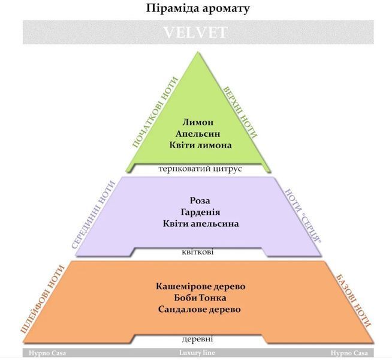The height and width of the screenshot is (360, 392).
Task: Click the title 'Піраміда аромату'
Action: tap(198, 8)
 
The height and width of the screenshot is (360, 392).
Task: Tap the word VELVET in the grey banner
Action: tap(195, 32)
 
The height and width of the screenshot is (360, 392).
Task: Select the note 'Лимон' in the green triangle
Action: tap(198, 122)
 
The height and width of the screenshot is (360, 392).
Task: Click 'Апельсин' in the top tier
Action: tap(198, 134)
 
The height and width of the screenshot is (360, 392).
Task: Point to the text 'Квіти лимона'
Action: tap(201, 145)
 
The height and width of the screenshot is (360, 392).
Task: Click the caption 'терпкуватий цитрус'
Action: tap(200, 169)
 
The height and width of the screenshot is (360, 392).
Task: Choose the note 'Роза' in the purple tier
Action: tap(200, 200)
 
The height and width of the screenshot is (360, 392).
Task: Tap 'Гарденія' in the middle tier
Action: tap(201, 212)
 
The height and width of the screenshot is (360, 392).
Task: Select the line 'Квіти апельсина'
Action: tap(201, 223)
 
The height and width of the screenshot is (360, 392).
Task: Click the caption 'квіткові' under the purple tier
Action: tap(198, 251)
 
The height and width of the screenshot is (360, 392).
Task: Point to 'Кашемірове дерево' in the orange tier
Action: tap(201, 286)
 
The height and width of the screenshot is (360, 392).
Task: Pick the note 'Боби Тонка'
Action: tap(200, 298)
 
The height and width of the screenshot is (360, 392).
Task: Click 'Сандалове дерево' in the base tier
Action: tap(200, 309)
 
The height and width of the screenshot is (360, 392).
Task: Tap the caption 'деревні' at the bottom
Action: tap(198, 339)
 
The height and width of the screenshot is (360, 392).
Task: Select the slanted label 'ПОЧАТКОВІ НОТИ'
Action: tap(155, 112)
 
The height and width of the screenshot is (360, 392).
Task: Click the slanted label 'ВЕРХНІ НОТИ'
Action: tap(240, 112)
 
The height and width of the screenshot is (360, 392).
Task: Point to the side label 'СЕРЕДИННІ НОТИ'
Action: tap(94, 214)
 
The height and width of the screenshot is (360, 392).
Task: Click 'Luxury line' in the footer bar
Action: tap(197, 353)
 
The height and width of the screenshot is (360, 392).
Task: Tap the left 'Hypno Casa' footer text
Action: tap(47, 353)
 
